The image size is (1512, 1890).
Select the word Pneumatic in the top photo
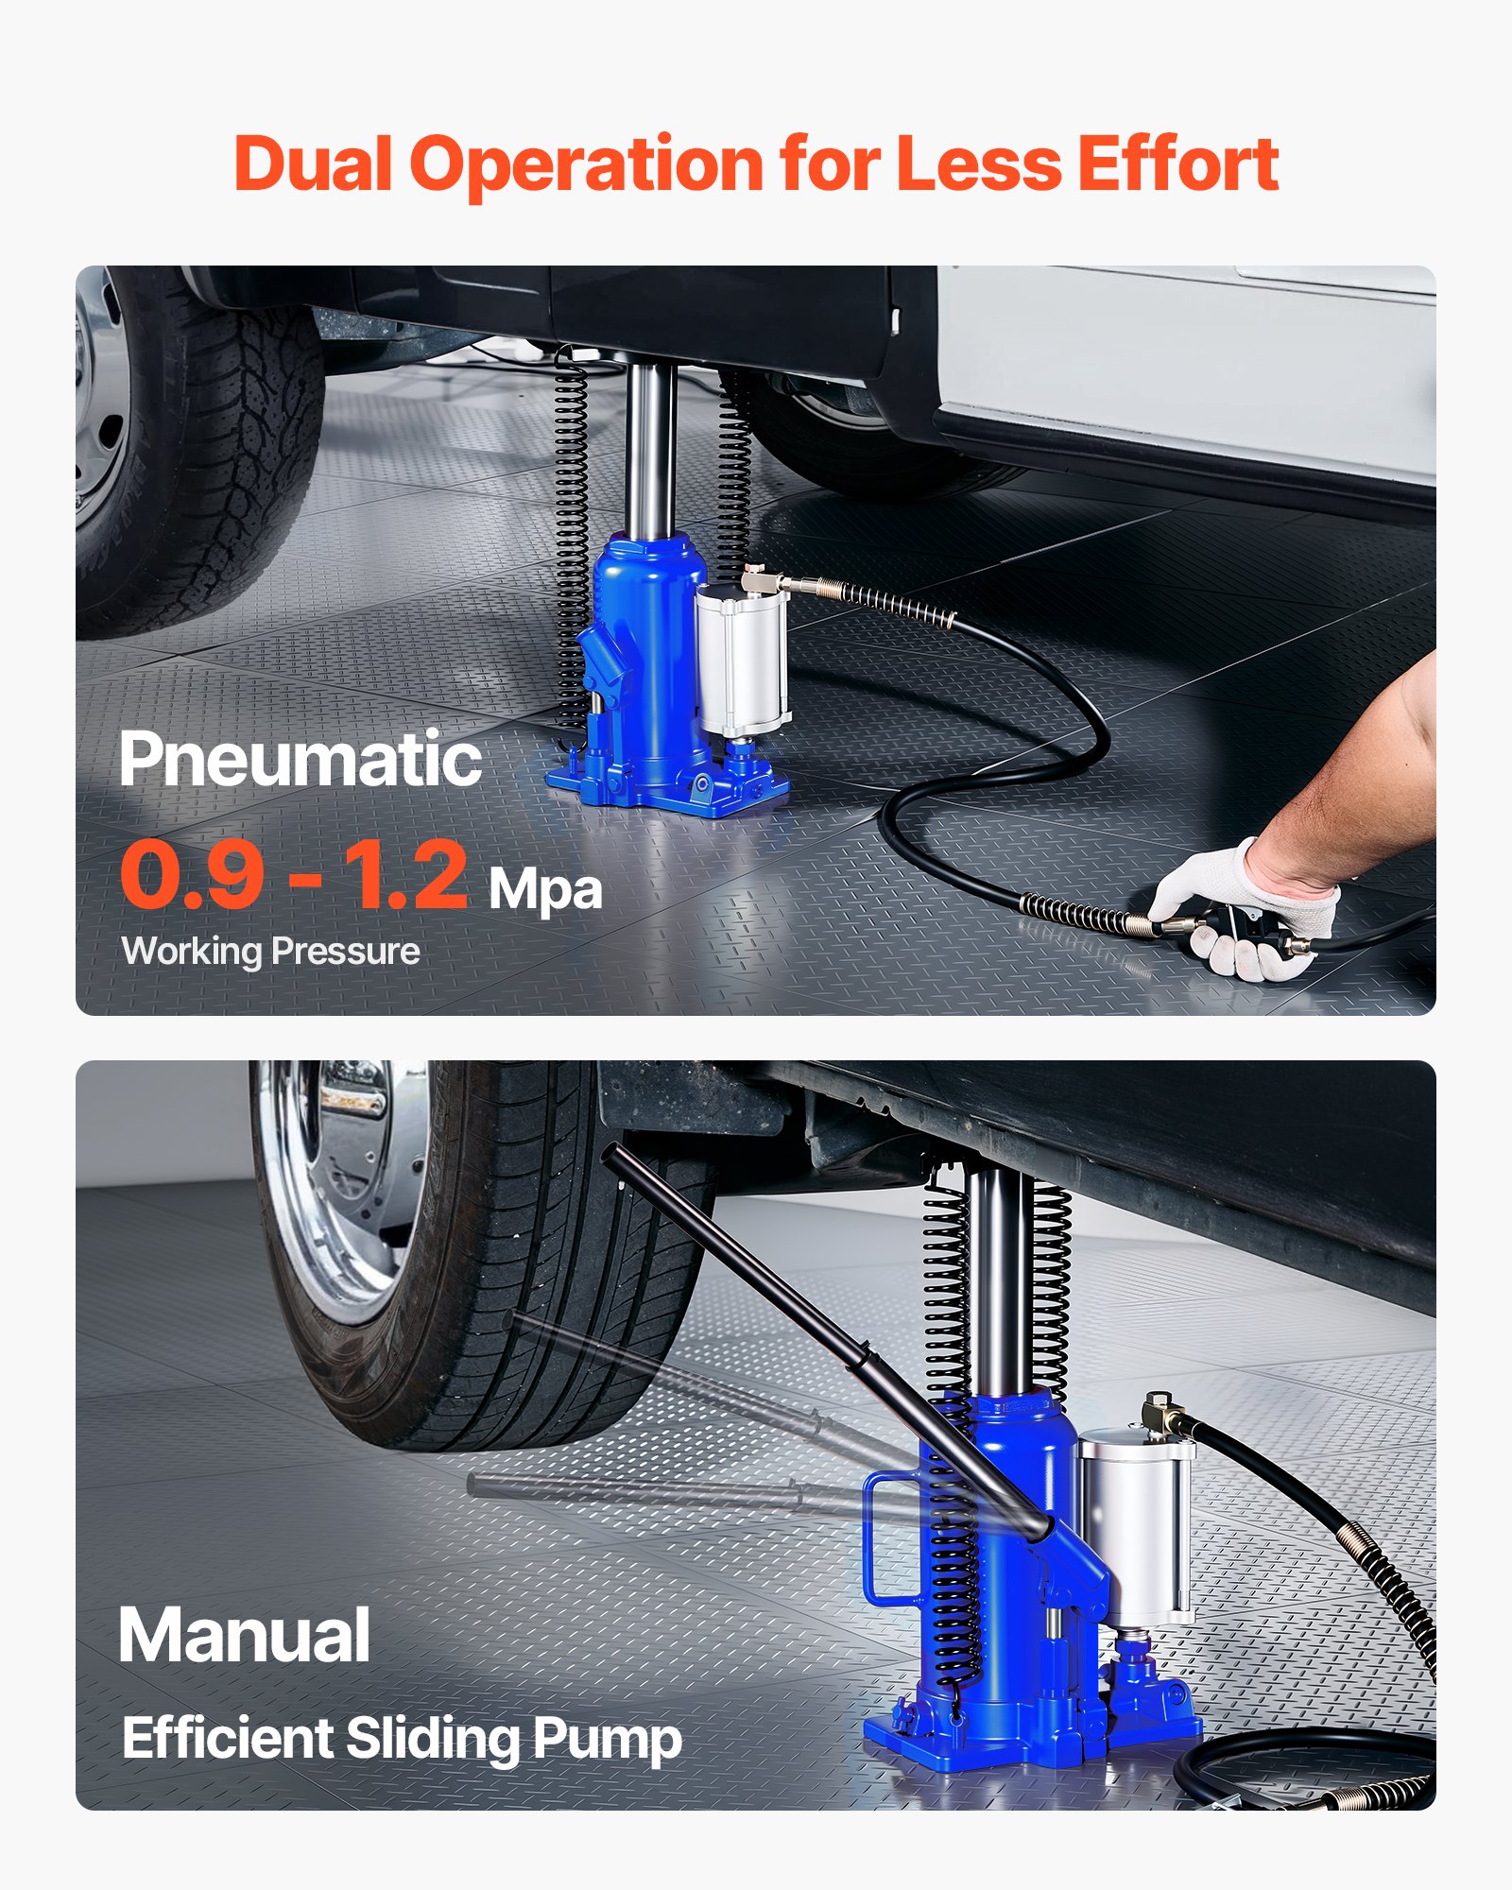301,760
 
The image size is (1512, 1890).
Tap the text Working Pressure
270,951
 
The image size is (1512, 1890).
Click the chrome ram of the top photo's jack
650,444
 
